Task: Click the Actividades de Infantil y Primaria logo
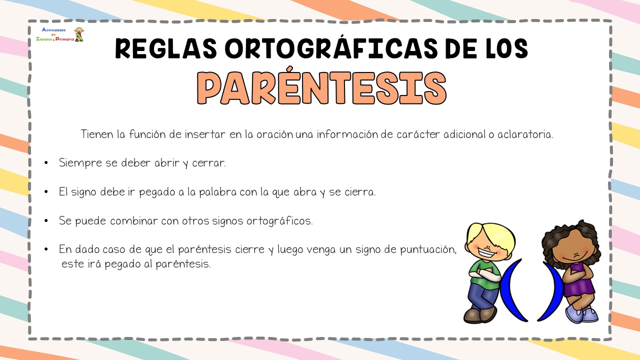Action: [59, 34]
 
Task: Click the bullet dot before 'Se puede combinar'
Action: [46, 220]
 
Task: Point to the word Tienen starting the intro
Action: [97, 134]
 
